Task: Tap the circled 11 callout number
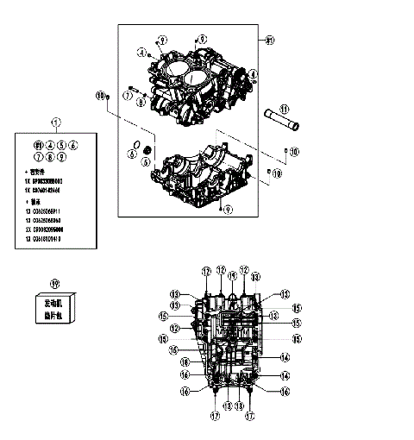point(285,109)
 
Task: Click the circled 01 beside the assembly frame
point(270,41)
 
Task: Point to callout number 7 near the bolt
point(127,97)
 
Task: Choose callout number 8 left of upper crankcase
point(141,102)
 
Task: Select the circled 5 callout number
point(146,160)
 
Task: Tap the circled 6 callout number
point(131,154)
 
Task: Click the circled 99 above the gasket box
point(55,282)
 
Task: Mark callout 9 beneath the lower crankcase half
point(228,208)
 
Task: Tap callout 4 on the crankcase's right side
point(253,75)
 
